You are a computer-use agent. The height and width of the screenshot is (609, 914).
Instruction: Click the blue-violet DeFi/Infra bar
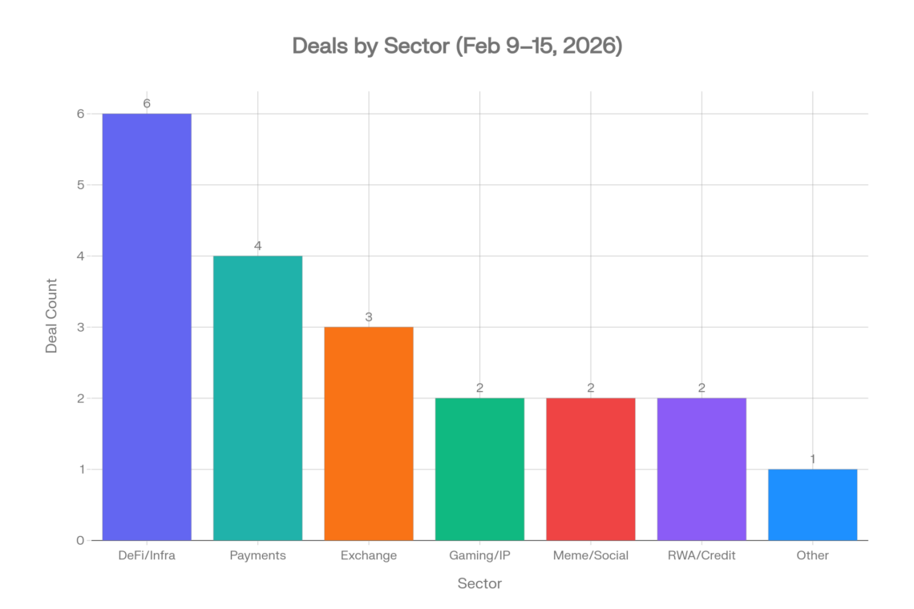(147, 327)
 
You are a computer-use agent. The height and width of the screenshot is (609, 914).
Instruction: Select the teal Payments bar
(257, 398)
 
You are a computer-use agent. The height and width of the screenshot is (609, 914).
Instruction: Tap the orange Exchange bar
(369, 434)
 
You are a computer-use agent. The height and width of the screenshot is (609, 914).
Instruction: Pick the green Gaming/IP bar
(479, 469)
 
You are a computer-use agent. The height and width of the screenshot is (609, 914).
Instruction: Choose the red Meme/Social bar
(591, 469)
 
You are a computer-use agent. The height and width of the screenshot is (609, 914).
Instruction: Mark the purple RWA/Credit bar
(702, 469)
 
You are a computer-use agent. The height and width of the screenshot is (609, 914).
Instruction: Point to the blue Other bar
(812, 505)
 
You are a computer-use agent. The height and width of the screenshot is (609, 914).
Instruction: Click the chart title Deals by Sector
(457, 46)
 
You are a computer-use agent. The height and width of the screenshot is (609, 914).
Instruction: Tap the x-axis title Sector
(479, 583)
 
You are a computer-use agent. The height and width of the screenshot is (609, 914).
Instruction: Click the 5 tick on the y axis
(81, 185)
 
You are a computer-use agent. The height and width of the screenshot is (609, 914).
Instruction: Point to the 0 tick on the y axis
(81, 540)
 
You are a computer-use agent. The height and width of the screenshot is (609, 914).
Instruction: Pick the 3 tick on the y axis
(81, 327)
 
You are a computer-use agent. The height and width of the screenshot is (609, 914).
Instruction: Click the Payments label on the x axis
(257, 555)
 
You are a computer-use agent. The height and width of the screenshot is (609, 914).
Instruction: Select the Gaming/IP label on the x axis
(479, 555)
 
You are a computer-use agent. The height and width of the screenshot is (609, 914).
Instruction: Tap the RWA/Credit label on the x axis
(702, 555)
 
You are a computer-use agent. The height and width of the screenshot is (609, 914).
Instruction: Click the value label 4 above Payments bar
(257, 246)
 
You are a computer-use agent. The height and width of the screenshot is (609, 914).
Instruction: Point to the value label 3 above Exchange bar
(369, 317)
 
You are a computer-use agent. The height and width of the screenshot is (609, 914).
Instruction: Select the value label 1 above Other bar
(812, 459)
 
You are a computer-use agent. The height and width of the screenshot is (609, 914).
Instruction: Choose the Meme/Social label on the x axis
(591, 555)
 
